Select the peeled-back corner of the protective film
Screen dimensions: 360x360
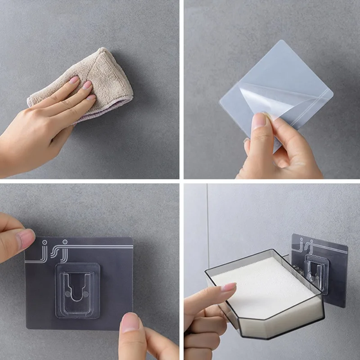pyautogui.click(x=256, y=97)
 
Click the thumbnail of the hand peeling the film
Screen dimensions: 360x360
pyautogui.click(x=258, y=121)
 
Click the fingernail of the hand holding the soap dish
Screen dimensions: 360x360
pyautogui.click(x=228, y=287)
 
